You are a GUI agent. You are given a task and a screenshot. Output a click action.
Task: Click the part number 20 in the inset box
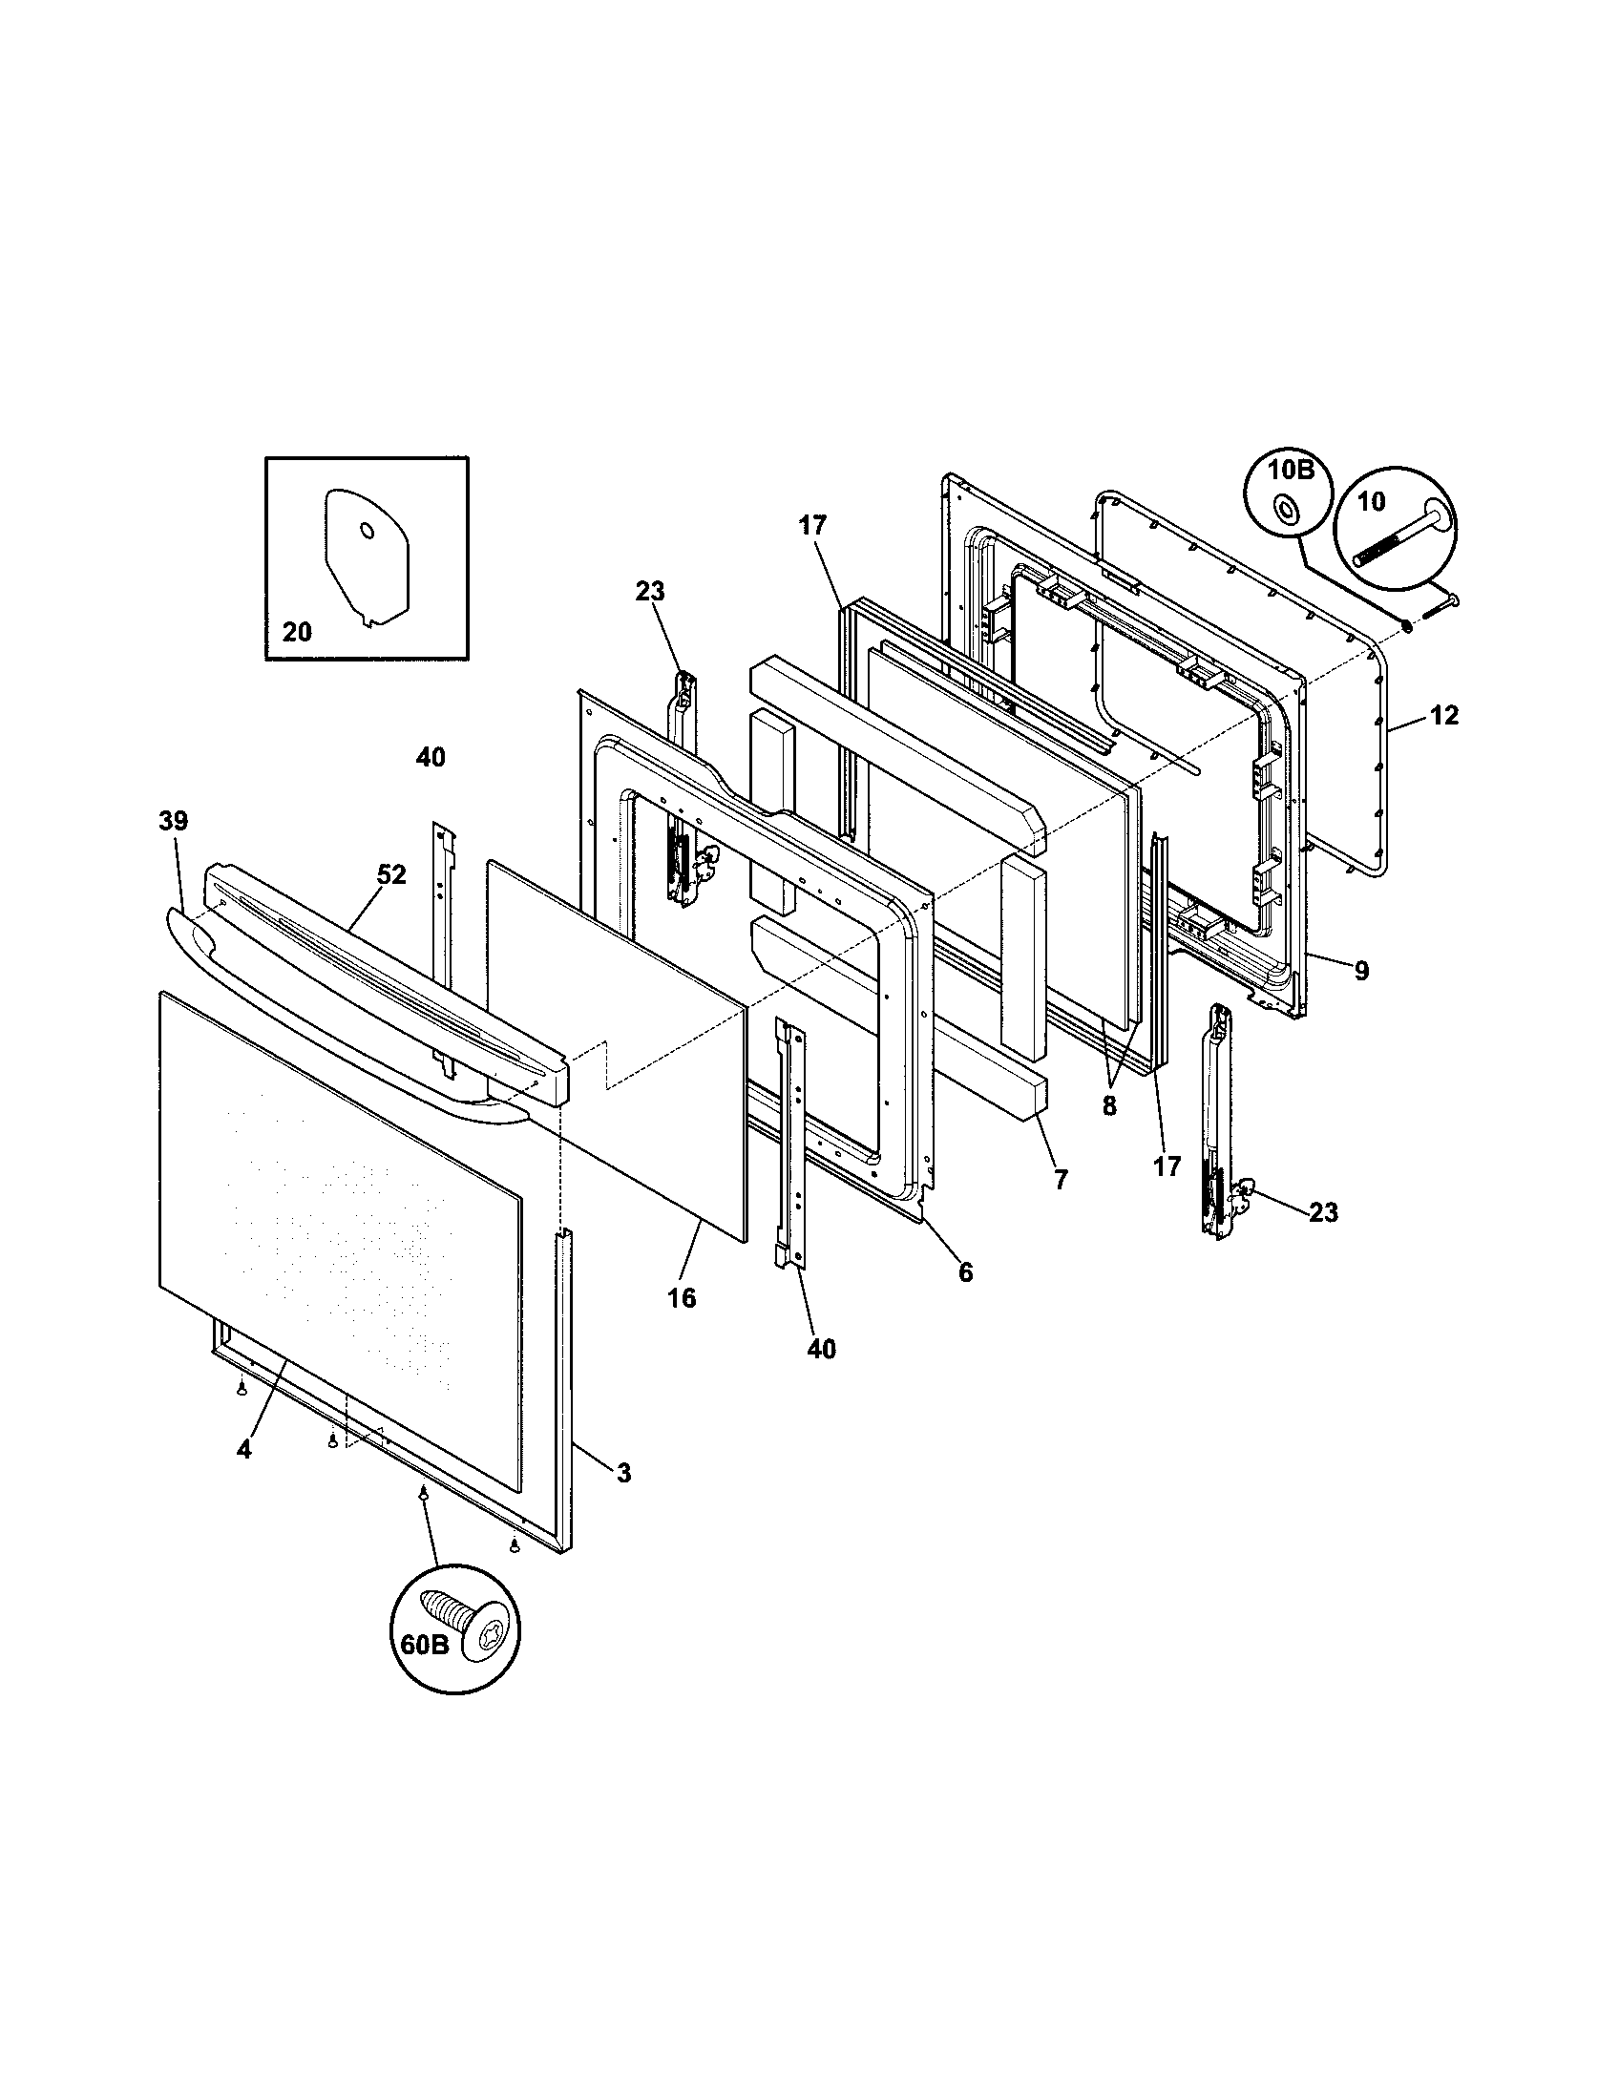click(297, 632)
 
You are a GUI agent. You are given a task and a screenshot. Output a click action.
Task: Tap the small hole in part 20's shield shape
click(367, 530)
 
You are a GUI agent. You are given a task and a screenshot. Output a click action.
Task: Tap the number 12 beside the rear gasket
click(1444, 714)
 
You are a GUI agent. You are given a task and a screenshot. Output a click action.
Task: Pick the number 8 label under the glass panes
click(1109, 1105)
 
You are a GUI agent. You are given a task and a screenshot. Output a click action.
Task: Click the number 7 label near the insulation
click(1061, 1180)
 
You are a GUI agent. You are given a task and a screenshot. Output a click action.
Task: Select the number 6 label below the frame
click(965, 1272)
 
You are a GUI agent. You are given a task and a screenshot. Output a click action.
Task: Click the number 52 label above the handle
click(391, 874)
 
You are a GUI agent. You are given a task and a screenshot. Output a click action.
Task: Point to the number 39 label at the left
click(173, 820)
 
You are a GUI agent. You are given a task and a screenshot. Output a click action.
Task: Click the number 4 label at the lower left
click(244, 1476)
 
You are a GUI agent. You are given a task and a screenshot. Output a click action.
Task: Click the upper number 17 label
click(812, 525)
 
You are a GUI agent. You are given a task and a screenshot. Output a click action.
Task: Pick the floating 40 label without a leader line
click(431, 758)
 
